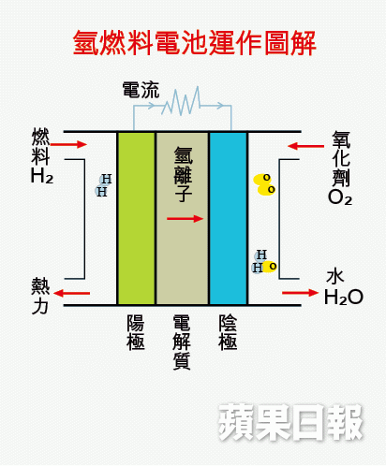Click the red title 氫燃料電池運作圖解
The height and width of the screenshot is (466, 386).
click(x=195, y=43)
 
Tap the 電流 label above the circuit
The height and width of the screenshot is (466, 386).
click(x=141, y=90)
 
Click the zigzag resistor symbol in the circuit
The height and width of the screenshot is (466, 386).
click(x=181, y=101)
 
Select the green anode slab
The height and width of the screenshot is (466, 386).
click(x=136, y=218)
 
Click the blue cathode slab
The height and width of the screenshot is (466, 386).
click(x=229, y=218)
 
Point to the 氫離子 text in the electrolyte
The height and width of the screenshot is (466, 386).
click(x=183, y=174)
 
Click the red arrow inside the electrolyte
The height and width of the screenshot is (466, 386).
click(x=186, y=219)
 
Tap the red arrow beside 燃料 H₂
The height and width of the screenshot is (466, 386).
click(x=68, y=144)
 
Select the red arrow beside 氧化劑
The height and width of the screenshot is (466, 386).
click(x=305, y=146)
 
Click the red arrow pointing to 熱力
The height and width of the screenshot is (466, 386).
click(x=71, y=293)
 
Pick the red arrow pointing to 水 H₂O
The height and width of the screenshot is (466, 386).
click(x=300, y=293)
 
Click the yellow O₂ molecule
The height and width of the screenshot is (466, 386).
click(x=264, y=184)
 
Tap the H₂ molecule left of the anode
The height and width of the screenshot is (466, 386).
click(x=103, y=185)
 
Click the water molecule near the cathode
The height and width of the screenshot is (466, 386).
click(x=264, y=262)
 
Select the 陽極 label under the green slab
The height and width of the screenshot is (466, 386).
click(x=136, y=332)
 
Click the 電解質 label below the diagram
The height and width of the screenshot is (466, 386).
click(x=182, y=342)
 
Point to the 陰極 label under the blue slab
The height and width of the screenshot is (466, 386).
click(x=228, y=332)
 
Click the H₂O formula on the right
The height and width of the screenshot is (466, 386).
click(x=344, y=298)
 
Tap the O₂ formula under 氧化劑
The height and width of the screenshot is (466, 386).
click(x=340, y=197)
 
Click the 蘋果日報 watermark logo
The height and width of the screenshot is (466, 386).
click(x=291, y=422)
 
